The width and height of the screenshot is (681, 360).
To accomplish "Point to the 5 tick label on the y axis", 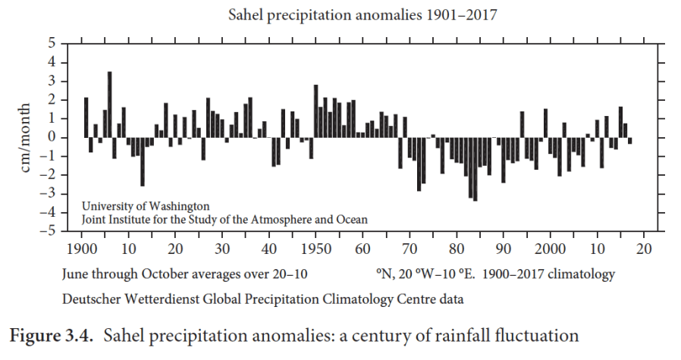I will [x=52, y=43].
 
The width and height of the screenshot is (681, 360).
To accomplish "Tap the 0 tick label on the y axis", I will [x=52, y=137].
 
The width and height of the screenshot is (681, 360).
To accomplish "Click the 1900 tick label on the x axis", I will [x=81, y=249].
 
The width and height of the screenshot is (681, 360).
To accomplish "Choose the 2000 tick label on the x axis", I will [x=550, y=249].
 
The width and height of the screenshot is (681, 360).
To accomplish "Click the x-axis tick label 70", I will [x=410, y=249].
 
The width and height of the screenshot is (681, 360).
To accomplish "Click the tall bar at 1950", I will [x=316, y=111].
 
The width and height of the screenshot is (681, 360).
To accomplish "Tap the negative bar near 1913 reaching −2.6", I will [x=143, y=161].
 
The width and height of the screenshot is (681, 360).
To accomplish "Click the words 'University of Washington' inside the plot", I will [x=145, y=205].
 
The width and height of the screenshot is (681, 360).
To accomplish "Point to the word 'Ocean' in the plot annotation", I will [x=351, y=219].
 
